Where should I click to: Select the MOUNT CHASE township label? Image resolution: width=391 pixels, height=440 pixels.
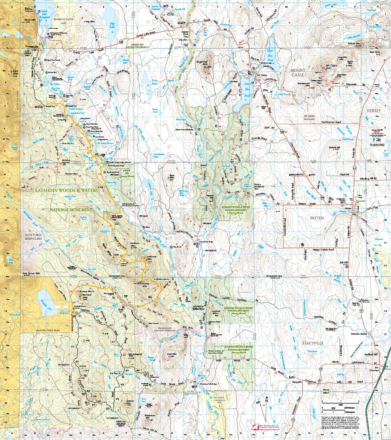pyautogui.click(x=297, y=73)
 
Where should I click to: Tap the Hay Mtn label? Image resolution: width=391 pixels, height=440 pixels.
pyautogui.click(x=89, y=21)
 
